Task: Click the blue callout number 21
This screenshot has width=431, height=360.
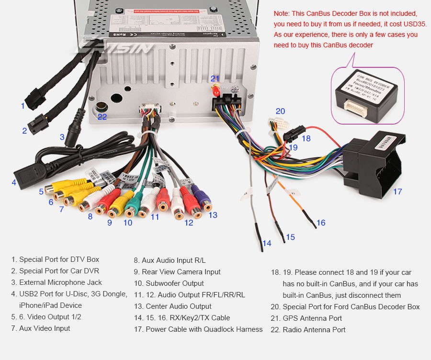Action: (x=215, y=79)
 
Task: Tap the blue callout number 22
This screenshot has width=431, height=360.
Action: (x=102, y=116)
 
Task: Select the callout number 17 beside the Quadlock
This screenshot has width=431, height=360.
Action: (x=397, y=191)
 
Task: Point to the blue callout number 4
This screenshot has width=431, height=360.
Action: (x=14, y=182)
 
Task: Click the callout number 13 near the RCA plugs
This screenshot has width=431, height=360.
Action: (x=213, y=215)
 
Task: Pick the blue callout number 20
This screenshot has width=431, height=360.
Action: (x=280, y=112)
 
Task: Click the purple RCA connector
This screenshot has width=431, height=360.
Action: (x=202, y=198)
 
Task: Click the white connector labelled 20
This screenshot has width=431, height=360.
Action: (x=279, y=125)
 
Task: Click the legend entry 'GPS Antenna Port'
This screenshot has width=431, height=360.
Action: (x=312, y=318)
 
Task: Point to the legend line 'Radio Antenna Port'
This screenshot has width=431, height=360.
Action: (x=314, y=330)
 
